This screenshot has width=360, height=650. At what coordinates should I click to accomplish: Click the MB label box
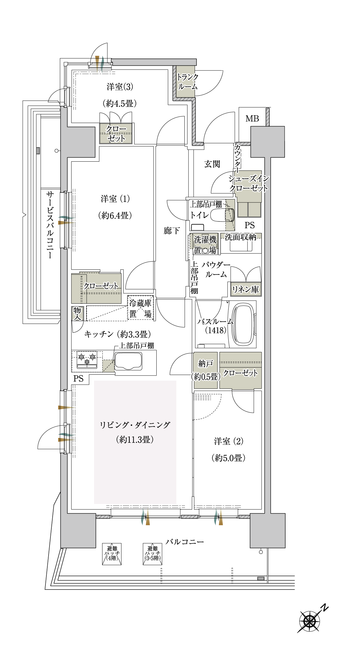click(252, 119)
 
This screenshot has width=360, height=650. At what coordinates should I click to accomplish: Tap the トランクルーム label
click(187, 82)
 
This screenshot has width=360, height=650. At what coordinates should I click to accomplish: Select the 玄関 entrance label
click(212, 164)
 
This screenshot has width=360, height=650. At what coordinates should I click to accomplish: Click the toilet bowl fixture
click(222, 215)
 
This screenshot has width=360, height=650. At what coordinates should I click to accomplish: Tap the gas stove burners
click(87, 359)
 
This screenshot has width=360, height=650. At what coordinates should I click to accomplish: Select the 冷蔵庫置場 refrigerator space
click(140, 308)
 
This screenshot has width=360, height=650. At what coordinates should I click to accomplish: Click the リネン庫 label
click(245, 290)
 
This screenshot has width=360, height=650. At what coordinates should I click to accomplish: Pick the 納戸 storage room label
click(206, 363)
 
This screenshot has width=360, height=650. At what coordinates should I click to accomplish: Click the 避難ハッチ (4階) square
click(112, 554)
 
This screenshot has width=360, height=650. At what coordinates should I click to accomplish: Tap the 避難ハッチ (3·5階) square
click(153, 554)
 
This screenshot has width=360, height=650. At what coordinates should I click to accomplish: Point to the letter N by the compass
click(324, 607)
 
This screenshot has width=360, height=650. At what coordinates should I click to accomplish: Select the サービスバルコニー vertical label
click(50, 225)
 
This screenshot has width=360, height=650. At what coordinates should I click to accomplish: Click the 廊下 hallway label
click(172, 231)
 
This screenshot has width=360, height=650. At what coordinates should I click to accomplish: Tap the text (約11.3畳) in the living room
click(135, 439)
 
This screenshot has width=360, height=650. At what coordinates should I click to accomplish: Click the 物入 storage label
click(77, 314)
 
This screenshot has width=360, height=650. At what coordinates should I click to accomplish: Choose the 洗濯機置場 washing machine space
click(205, 245)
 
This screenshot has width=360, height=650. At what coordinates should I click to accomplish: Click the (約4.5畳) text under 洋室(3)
click(120, 103)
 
